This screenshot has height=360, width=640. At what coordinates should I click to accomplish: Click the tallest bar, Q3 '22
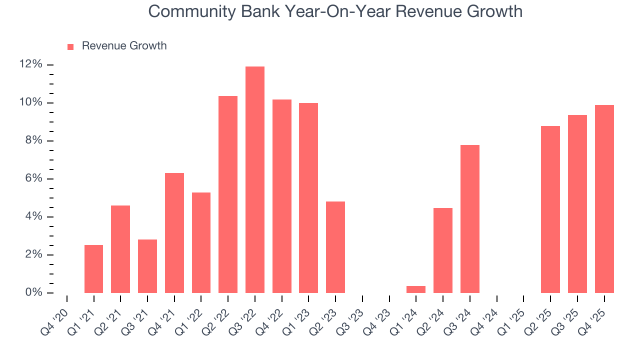255,179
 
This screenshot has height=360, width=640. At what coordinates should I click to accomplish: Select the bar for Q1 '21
93,269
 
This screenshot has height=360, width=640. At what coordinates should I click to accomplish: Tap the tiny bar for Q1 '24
416,289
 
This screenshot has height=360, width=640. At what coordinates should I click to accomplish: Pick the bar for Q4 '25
604,199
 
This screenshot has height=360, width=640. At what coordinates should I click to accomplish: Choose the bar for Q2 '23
335,247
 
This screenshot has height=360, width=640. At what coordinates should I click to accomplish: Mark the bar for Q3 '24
470,219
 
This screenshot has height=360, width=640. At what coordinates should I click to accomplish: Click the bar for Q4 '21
174,233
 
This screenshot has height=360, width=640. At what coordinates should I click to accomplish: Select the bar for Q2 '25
550,209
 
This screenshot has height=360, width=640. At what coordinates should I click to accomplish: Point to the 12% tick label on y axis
30,64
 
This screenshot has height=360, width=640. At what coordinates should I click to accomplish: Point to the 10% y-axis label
30,102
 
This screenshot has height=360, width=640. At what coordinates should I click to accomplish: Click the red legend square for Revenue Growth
70,46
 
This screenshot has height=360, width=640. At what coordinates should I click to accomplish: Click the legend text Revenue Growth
124,46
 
